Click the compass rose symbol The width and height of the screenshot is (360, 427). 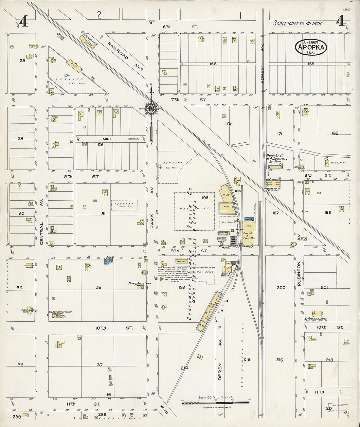pos(152,109)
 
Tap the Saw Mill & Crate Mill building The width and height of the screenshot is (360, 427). pos(249,236)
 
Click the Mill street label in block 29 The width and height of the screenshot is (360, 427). pos(107,139)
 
